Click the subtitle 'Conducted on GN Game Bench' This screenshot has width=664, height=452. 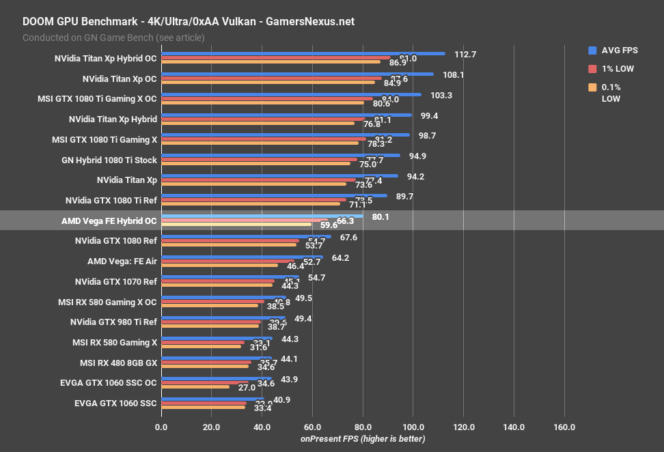click(113, 38)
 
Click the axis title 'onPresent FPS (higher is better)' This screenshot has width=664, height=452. click(363, 438)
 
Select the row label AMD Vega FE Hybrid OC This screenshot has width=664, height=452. click(109, 221)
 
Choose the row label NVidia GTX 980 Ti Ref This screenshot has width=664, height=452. click(113, 322)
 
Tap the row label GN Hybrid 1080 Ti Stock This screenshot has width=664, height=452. click(109, 160)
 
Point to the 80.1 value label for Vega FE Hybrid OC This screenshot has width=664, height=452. click(382, 217)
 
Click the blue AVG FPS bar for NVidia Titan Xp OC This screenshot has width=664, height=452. click(297, 74)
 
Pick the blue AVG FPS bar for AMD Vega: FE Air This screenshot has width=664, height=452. click(242, 257)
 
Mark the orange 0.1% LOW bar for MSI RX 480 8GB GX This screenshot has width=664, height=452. click(205, 367)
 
